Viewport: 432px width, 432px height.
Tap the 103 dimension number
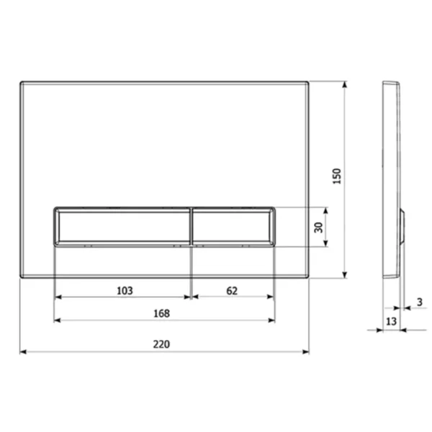click(x=125, y=290)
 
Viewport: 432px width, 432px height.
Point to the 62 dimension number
click(x=231, y=290)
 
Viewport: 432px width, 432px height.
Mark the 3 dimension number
click(x=419, y=302)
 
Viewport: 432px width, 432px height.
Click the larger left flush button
click(x=122, y=227)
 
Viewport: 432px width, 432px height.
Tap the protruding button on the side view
click(x=402, y=227)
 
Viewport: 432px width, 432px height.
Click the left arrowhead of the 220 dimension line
click(x=22, y=353)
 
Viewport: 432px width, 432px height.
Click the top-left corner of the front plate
click(x=21, y=82)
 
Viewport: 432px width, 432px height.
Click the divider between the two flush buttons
click(x=192, y=227)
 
